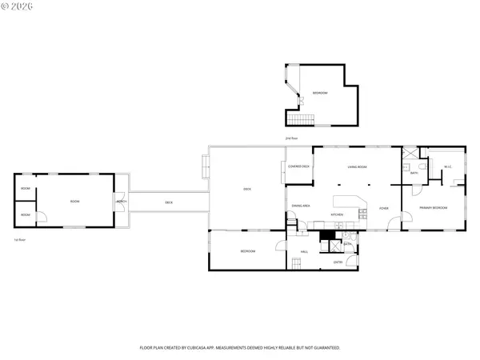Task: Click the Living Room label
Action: click(357, 166)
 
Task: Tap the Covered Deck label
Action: click(299, 166)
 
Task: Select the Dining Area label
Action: click(301, 206)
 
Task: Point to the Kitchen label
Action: click(338, 214)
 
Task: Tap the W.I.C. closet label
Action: click(448, 166)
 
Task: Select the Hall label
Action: click(305, 252)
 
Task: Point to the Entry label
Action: click(338, 262)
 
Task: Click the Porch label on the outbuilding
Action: click(120, 202)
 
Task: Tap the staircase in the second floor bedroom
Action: click(301, 119)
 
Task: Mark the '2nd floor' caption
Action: click(292, 138)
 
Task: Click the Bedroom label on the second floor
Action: click(320, 94)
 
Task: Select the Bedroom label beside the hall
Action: click(248, 252)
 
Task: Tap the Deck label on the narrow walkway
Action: click(169, 202)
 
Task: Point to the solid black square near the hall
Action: click(326, 235)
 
